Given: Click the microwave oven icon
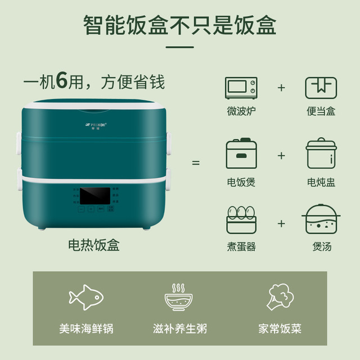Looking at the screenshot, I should point(241,88).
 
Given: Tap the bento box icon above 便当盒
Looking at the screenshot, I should point(321,88).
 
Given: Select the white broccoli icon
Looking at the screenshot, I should point(279,295).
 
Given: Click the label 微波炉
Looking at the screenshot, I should point(241,111).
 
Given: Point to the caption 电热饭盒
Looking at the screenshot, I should point(94,245).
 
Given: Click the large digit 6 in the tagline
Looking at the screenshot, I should point(62,82).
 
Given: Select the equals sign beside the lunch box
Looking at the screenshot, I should point(196,163).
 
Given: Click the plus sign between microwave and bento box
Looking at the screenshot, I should point(281,88).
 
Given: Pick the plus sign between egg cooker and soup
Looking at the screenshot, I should point(281,223).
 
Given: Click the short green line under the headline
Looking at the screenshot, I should point(180,46).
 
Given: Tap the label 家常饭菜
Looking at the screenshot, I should point(279,328).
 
